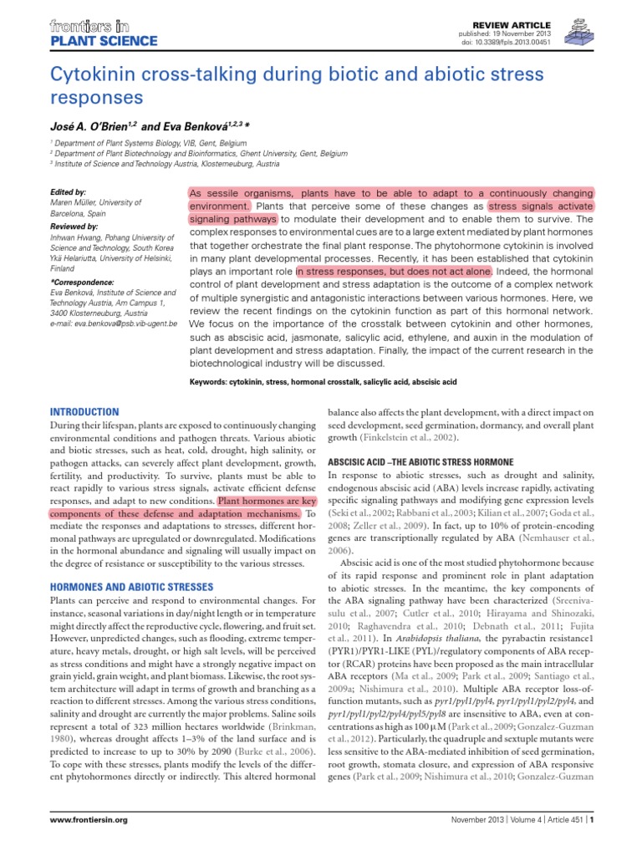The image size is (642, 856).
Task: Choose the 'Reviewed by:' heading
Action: (x=74, y=227)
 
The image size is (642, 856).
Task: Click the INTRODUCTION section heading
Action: (x=85, y=412)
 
